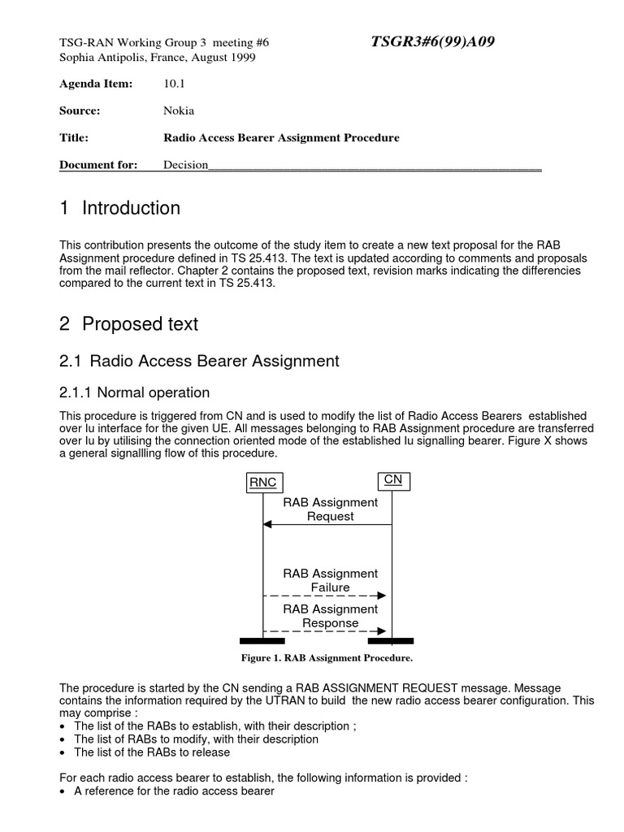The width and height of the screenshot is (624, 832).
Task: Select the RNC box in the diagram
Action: pos(262,483)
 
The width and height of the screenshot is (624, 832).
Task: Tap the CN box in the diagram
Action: pos(393,480)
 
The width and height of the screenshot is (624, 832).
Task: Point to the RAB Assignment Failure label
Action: pos(330,580)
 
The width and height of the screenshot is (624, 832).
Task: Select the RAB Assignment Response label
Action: pos(330,616)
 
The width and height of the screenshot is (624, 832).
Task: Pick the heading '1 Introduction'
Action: pos(120,209)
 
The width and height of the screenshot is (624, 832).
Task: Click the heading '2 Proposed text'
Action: pos(129,324)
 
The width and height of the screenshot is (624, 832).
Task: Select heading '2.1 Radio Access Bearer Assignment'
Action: pos(199,361)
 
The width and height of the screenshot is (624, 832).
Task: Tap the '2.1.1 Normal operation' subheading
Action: pos(135,392)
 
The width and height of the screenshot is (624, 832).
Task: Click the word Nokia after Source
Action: pos(179,110)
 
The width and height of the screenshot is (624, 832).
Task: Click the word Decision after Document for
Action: pos(186,165)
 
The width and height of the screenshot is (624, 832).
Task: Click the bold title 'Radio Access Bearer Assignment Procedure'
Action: pos(281,138)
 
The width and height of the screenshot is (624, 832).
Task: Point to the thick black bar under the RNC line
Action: pos(262,640)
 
